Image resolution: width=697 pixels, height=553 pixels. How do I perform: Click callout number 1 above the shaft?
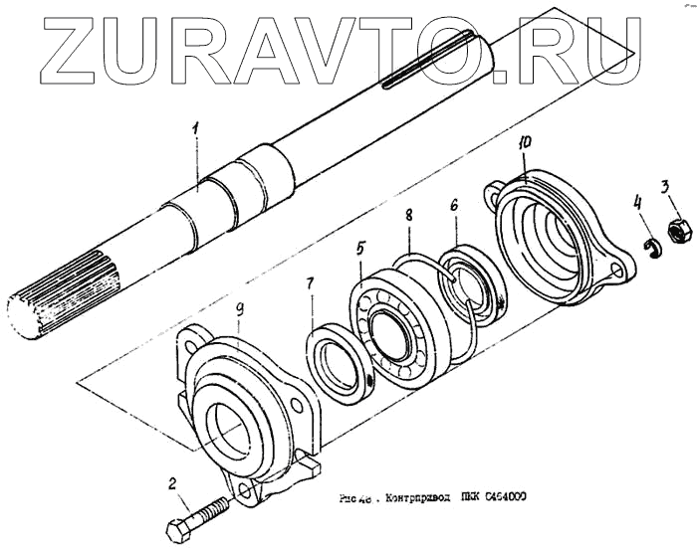(196, 128)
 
